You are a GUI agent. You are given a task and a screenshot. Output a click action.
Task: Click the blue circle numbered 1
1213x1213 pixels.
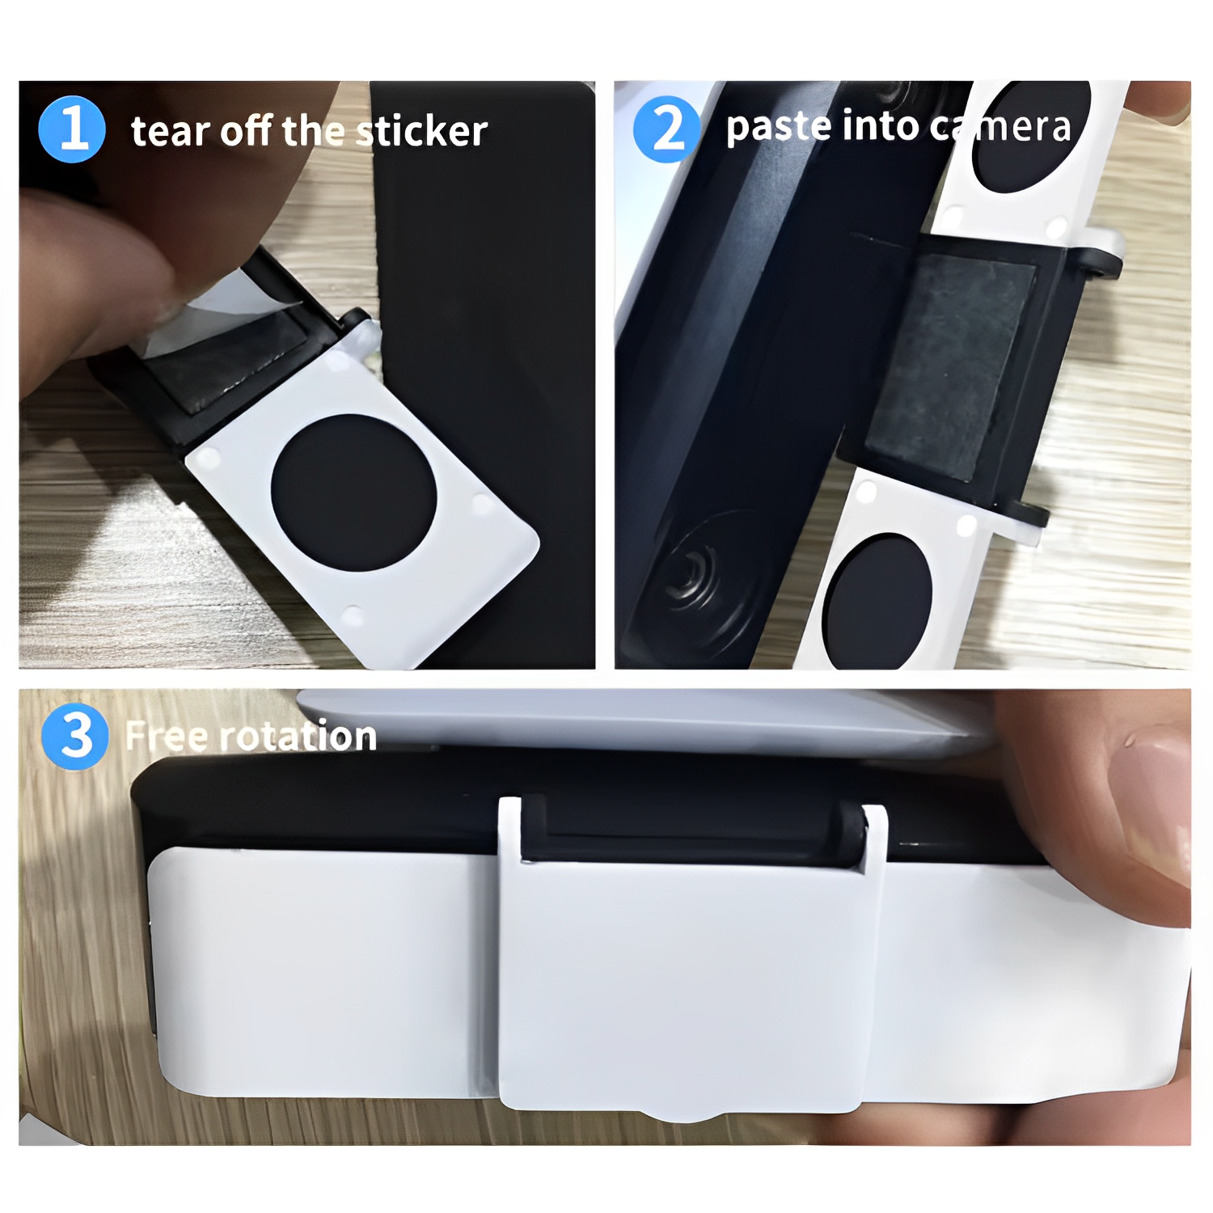point(72,129)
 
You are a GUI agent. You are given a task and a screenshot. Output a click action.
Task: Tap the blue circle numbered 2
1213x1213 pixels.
point(666,129)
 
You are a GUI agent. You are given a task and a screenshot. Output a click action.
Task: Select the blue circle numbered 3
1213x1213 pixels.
point(74,736)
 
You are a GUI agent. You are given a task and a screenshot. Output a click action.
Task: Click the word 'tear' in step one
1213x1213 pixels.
point(168,132)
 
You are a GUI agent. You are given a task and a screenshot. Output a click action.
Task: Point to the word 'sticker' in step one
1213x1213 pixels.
point(422,131)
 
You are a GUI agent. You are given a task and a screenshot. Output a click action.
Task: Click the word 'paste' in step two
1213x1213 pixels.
point(778,128)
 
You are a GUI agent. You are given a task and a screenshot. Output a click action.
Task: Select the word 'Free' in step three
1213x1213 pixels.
point(167,737)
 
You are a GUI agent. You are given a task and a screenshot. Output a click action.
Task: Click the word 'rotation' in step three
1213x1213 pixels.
point(298,736)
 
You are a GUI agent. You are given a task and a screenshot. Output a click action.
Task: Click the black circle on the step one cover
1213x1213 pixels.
point(353,492)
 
